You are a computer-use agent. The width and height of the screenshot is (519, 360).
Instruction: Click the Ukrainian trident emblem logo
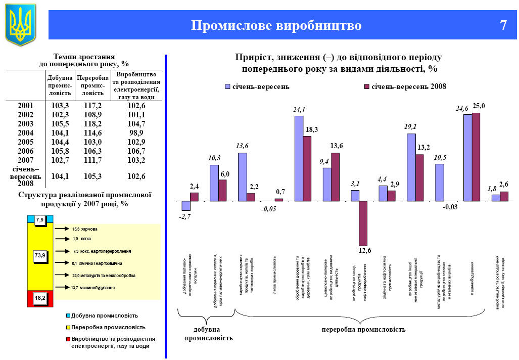click(21, 24)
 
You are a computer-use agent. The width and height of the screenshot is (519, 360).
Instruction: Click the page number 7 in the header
click(503, 25)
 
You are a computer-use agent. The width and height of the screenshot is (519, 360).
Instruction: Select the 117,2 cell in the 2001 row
click(92, 106)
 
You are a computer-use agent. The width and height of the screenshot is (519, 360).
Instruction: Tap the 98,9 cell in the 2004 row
click(136, 133)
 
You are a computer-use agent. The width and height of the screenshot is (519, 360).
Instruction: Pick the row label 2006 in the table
click(25, 151)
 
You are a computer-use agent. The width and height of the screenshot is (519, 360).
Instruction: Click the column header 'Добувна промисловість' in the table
click(60, 86)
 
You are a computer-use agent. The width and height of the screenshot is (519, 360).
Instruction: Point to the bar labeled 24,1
click(299, 158)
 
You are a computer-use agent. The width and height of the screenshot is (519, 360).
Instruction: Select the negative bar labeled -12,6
click(363, 223)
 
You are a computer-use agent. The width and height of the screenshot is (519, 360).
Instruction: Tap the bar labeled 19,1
click(411, 167)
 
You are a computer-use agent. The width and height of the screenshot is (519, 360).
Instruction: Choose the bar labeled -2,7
click(186, 206)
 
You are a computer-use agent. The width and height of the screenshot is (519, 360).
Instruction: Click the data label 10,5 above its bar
click(439, 158)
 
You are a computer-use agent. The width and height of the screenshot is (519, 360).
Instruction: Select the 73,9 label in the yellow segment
click(40, 256)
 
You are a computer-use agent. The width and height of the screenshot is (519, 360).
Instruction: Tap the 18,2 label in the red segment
click(40, 298)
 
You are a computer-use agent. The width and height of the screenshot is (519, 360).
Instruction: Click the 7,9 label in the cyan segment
click(40, 219)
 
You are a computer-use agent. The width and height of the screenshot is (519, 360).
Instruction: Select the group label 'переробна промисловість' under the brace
click(363, 330)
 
